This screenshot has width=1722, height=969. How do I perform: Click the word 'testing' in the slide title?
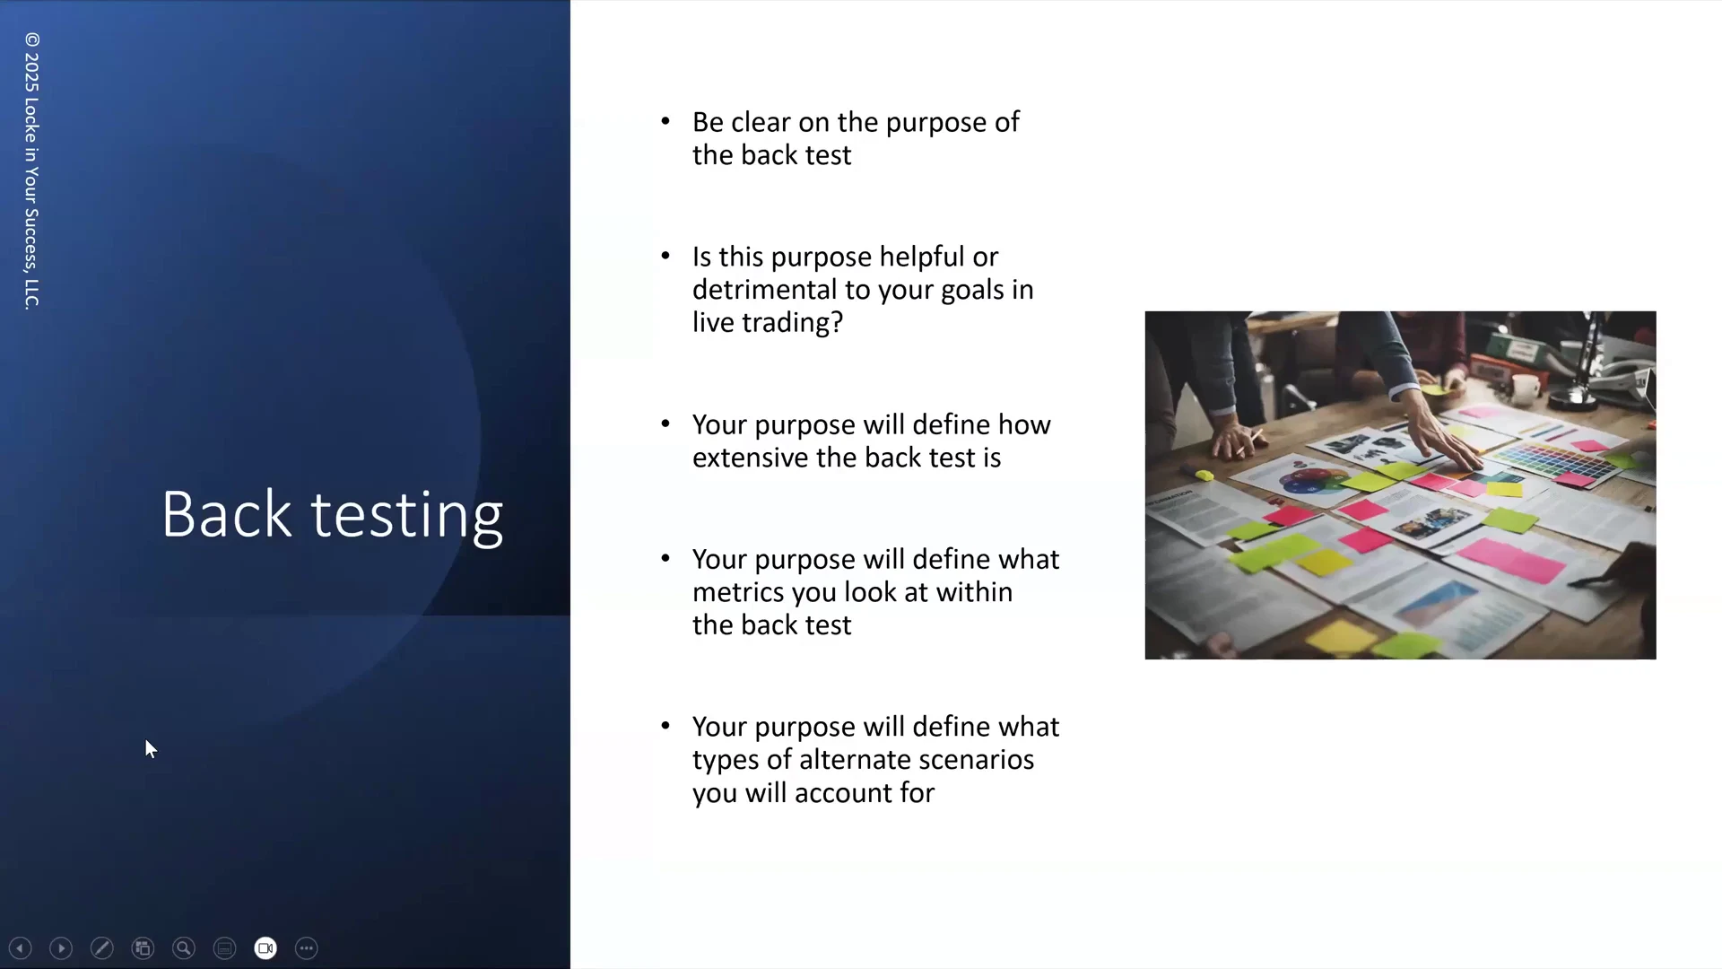click(406, 517)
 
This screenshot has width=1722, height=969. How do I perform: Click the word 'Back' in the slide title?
click(227, 515)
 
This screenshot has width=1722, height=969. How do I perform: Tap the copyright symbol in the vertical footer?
click(32, 39)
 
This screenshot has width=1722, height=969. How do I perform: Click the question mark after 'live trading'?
click(837, 322)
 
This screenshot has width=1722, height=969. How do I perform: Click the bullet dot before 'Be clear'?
click(665, 121)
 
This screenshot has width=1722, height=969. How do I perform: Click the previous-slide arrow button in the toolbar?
click(20, 948)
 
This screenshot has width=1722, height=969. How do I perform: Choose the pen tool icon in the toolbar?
click(102, 948)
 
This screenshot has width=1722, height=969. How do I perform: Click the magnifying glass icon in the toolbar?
click(184, 948)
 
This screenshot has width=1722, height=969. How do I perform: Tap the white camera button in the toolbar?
click(265, 948)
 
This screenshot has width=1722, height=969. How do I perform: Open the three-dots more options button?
click(307, 948)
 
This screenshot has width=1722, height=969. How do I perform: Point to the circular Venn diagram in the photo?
click(1311, 480)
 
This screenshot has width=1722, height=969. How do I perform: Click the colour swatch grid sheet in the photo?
click(1552, 458)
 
